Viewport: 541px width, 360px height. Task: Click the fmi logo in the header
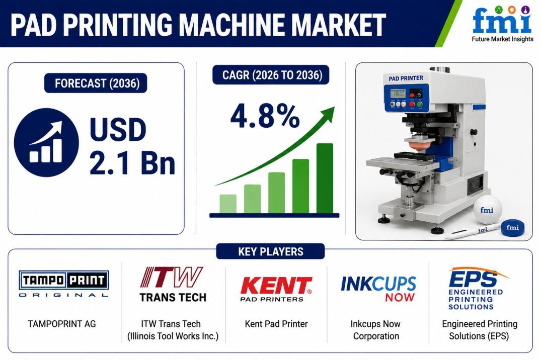(502, 24)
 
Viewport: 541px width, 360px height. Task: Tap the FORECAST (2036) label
(96, 83)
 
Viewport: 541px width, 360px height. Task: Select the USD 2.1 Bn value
(132, 146)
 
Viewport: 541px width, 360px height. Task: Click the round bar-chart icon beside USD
(46, 143)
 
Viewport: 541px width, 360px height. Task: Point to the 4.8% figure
(265, 116)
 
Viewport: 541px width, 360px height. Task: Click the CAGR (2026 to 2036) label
(271, 74)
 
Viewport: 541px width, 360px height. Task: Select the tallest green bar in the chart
(325, 178)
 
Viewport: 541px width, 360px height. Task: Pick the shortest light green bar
(228, 204)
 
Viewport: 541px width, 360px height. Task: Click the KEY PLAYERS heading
(271, 251)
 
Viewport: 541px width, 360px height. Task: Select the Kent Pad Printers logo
(276, 289)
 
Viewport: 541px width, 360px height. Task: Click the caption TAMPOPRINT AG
(62, 324)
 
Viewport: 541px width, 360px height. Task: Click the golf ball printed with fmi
(487, 210)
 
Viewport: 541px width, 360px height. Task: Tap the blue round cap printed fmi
(512, 228)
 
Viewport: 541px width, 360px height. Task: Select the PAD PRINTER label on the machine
(406, 78)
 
